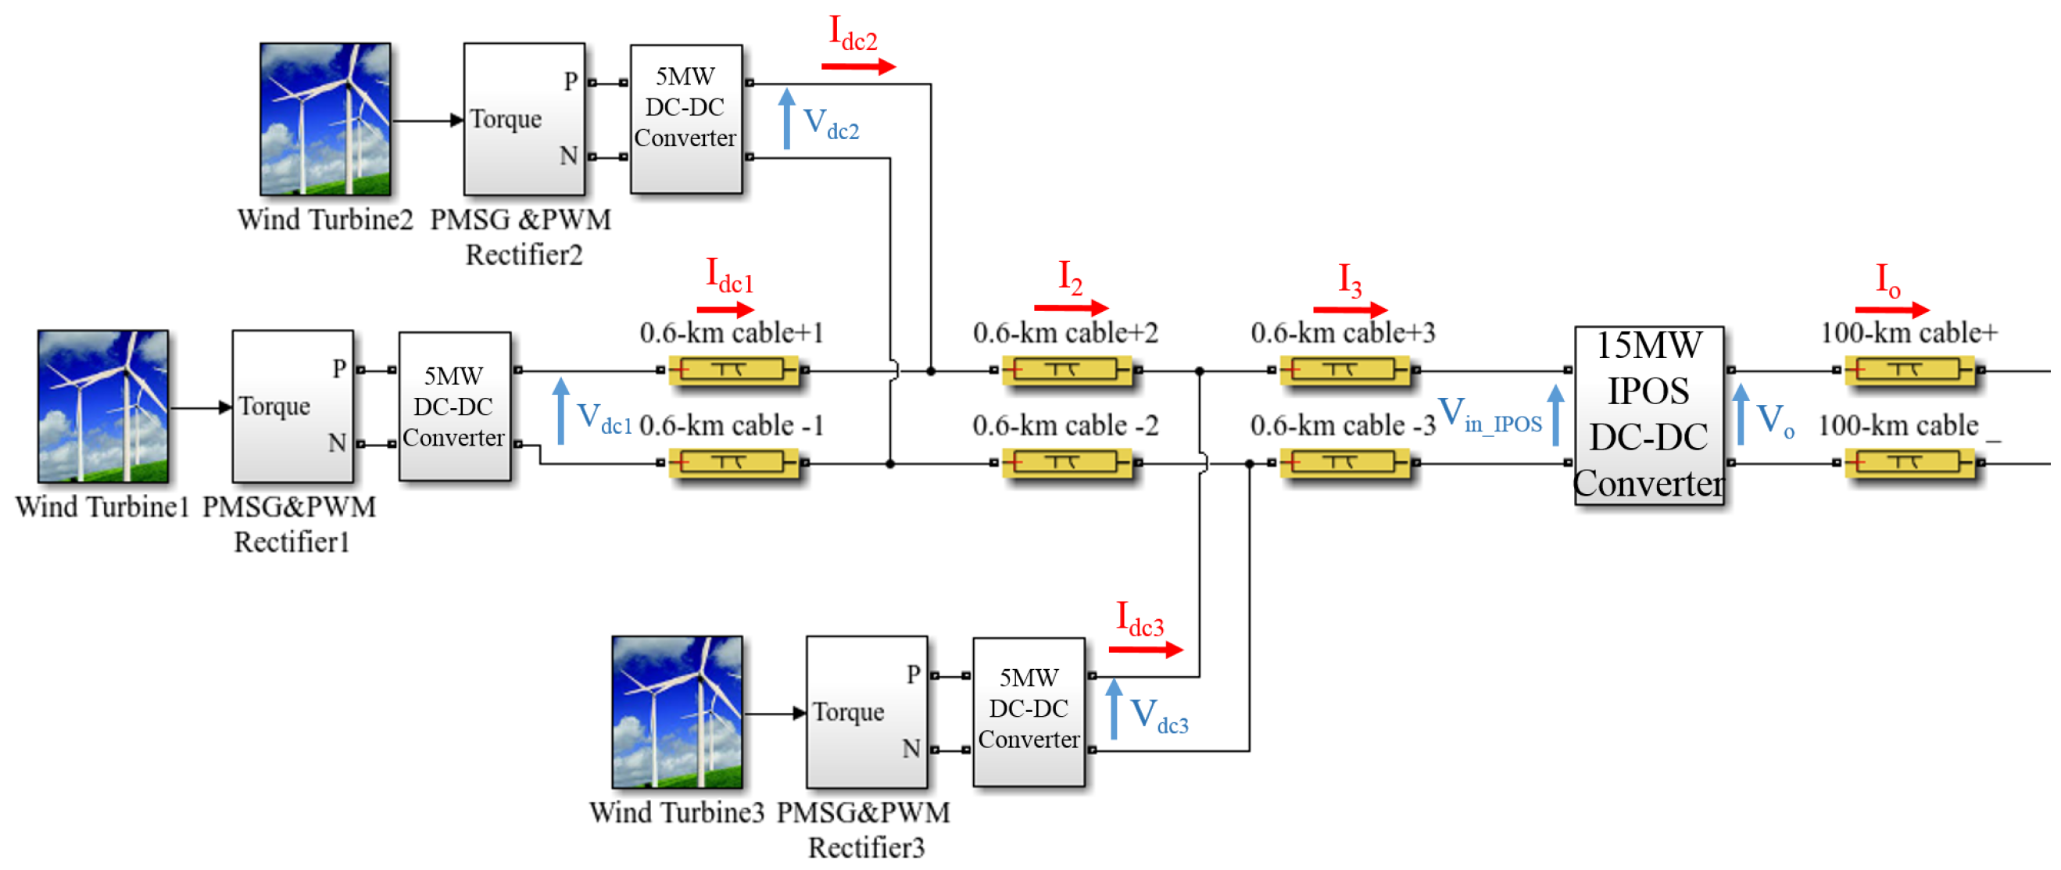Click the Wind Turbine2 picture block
coord(325,119)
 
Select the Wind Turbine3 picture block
coord(677,711)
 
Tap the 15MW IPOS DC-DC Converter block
coord(1648,414)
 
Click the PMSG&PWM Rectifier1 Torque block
coord(293,406)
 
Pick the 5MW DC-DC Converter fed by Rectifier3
coord(1028,711)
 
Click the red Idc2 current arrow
coord(857,66)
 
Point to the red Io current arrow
coord(1891,309)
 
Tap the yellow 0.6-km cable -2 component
coord(1066,463)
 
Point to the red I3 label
coord(1350,280)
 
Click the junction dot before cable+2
coord(931,371)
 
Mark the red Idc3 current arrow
coord(1145,649)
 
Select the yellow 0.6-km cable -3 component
coord(1344,463)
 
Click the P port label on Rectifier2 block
coord(571,81)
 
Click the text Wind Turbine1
coord(102,507)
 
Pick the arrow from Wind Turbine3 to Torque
coord(775,712)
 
